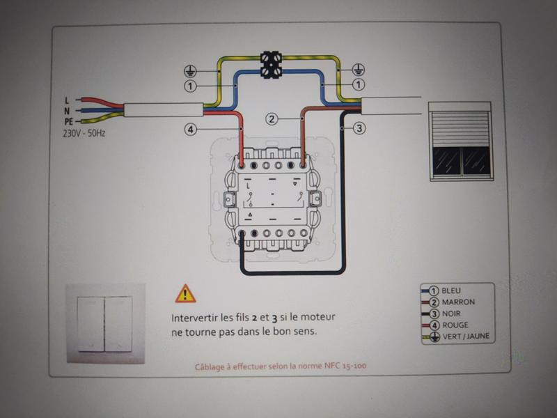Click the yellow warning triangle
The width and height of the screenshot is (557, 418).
(x=185, y=294)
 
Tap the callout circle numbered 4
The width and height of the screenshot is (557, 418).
(x=190, y=130)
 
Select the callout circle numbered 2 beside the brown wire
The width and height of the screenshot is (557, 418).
(x=272, y=118)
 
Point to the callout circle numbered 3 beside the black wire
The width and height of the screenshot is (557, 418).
(x=359, y=128)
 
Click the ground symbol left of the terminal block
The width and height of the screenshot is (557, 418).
(x=190, y=72)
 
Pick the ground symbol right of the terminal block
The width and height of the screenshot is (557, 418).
(x=359, y=70)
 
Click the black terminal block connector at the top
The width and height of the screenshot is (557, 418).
(x=271, y=65)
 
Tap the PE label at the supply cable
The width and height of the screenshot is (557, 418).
(x=68, y=121)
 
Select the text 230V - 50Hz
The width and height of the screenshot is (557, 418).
(x=84, y=134)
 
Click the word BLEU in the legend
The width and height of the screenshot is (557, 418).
(x=451, y=291)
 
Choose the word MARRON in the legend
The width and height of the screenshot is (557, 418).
(x=458, y=302)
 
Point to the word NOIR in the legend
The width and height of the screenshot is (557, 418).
(x=451, y=313)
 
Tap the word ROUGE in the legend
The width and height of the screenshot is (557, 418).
(x=455, y=325)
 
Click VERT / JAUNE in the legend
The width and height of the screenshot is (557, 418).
(x=466, y=336)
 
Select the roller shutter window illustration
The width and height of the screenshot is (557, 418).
(x=461, y=141)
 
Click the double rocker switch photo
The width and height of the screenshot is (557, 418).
(x=106, y=323)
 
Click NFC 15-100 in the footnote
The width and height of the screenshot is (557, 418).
(x=345, y=365)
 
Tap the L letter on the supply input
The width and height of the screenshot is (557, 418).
(x=67, y=100)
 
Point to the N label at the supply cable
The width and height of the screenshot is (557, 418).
(x=67, y=111)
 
